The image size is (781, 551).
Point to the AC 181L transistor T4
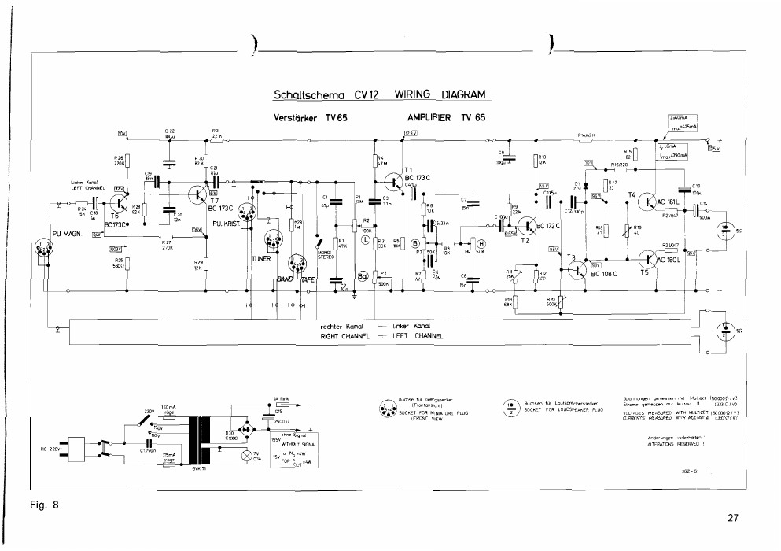tap(648, 201)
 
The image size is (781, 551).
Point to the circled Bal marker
tap(363, 276)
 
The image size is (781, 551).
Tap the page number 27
tap(732, 518)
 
